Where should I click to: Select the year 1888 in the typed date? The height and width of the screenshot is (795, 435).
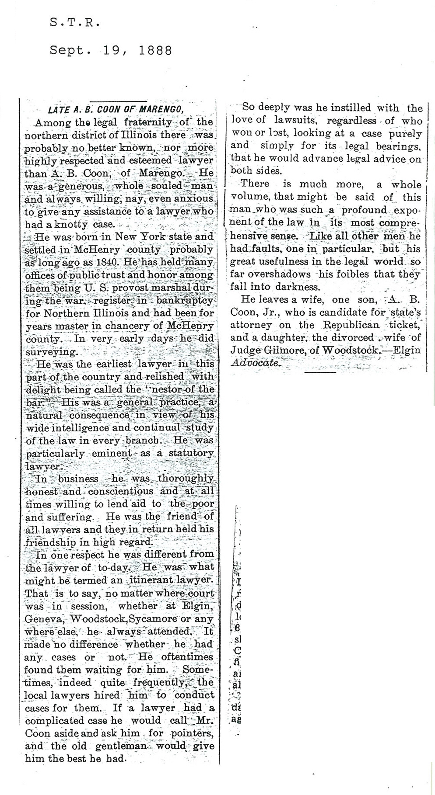[155, 50]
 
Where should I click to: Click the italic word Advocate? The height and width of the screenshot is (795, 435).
[253, 363]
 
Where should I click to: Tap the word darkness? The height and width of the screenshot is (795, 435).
[298, 287]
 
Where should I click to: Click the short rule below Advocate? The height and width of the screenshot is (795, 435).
[320, 372]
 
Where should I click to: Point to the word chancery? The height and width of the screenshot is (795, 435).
[138, 326]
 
